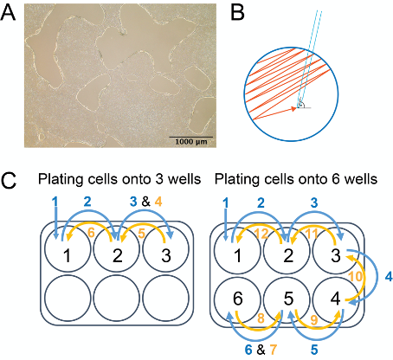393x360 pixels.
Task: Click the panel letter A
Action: [8, 13]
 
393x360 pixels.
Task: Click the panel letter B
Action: [237, 13]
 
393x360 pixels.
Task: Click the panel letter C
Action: [9, 181]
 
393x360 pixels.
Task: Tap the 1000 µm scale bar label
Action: [191, 142]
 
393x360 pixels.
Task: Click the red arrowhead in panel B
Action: [293, 108]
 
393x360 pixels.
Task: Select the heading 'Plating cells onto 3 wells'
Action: [119, 179]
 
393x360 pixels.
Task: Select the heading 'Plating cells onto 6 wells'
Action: [296, 179]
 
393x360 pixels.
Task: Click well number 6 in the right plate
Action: [238, 299]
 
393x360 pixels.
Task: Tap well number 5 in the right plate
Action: [288, 299]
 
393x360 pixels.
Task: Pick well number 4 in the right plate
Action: [335, 299]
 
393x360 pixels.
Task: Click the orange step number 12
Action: [261, 234]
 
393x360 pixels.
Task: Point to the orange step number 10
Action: [356, 276]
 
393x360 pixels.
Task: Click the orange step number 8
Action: [261, 318]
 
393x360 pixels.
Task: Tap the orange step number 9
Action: [315, 319]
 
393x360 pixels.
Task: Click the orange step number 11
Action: [312, 234]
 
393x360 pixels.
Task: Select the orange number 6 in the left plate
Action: [92, 234]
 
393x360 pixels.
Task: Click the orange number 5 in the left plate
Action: [141, 234]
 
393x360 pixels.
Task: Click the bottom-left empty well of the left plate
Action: [68, 297]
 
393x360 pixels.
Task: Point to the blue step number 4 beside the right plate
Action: [389, 277]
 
